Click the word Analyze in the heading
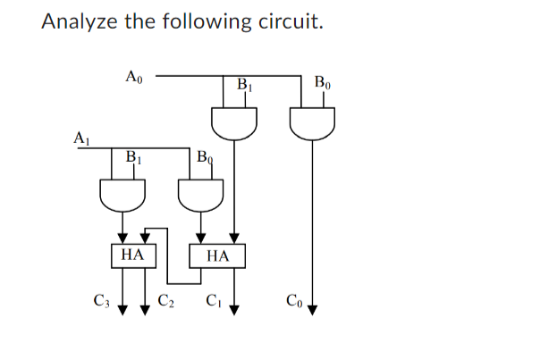tap(80, 21)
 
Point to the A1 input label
tap(81, 138)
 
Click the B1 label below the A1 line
tap(133, 158)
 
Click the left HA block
tap(132, 255)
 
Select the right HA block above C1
tap(217, 256)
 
